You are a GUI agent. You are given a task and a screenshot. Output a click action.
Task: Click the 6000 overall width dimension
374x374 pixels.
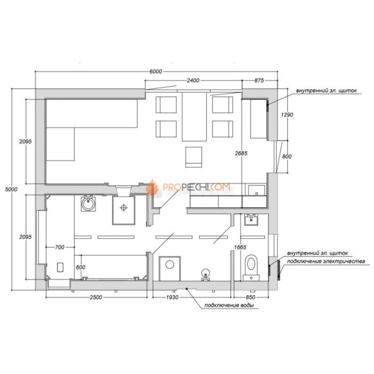[156, 71]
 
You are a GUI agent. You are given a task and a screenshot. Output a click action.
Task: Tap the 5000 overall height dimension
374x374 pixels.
[11, 189]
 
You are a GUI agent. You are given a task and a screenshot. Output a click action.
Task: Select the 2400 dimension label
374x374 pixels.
[193, 80]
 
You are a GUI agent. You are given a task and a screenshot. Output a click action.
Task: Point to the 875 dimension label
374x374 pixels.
[259, 80]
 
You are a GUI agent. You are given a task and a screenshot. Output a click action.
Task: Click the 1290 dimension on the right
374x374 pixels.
[287, 115]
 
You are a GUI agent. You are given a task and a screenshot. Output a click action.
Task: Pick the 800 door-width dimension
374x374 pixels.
[287, 157]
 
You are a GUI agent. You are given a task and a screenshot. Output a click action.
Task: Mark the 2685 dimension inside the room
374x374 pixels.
[241, 153]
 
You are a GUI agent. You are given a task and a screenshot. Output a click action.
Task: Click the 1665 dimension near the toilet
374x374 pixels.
[240, 247]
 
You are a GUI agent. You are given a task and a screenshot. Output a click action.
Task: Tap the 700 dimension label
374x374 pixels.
[60, 247]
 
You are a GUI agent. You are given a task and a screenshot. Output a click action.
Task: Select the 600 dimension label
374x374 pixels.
[81, 267]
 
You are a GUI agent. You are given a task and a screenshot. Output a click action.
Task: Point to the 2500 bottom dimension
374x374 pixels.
[96, 297]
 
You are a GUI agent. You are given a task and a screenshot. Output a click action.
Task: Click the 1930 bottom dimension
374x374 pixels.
[172, 297]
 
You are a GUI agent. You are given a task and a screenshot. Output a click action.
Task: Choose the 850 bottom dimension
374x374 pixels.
[250, 297]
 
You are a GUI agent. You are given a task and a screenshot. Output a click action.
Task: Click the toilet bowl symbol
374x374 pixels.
[251, 267]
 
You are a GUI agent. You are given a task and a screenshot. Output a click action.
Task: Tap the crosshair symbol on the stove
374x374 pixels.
[123, 207]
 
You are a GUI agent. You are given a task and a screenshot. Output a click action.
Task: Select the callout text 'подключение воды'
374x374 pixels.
[229, 306]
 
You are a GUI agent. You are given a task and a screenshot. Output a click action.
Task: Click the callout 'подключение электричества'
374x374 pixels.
[326, 261]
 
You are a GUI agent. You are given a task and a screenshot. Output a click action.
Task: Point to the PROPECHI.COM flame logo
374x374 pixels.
[152, 188]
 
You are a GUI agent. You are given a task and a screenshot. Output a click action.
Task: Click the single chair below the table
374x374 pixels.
[193, 157]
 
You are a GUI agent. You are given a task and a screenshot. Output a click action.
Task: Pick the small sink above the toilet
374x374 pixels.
[251, 220]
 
